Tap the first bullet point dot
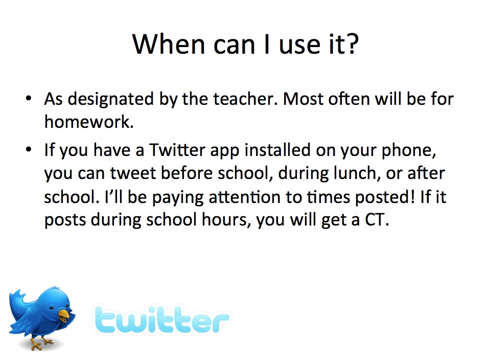point(29,98)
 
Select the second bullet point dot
point(29,149)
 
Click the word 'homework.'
point(89,122)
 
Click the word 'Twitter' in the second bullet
point(177,149)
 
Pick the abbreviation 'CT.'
point(377,219)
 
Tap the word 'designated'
point(111,100)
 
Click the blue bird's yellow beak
point(64,316)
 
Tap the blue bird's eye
point(52,308)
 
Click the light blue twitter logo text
point(162,319)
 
